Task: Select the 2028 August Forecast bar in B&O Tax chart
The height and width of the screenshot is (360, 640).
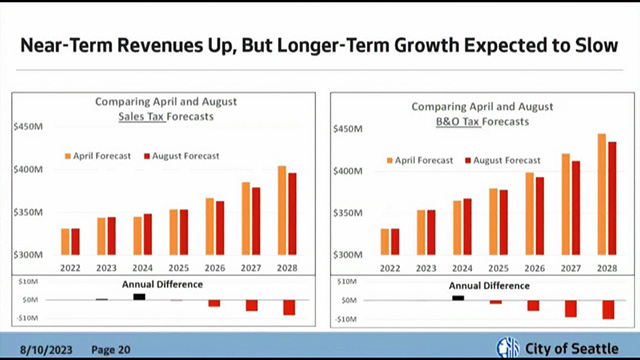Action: pos(612,199)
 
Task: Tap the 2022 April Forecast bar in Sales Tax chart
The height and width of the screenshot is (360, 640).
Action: pos(65,242)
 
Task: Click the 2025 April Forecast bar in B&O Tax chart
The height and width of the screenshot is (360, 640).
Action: pos(493,223)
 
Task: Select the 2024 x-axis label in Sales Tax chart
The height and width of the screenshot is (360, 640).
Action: pos(142,267)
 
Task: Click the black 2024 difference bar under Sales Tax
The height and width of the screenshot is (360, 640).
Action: pos(139,296)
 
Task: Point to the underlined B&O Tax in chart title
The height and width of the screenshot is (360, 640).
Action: pos(457,121)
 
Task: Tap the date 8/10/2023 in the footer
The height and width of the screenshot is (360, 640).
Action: pos(46,349)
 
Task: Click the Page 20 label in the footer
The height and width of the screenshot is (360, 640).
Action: pos(110,349)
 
